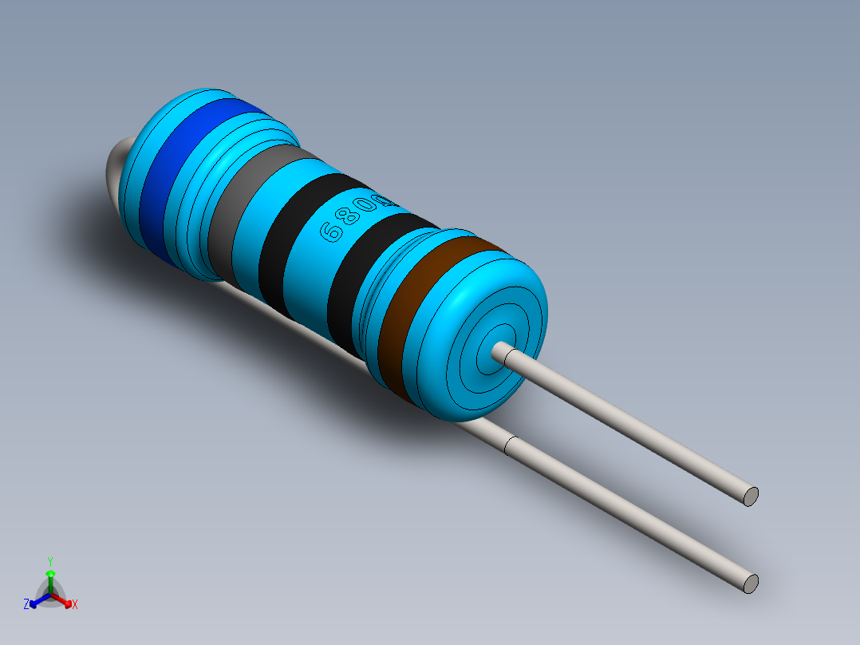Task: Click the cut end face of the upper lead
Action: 751,496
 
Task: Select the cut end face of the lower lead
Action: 751,583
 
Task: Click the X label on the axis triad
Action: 75,605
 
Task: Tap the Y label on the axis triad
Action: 49,561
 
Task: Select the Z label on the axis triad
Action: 26,604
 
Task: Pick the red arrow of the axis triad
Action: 65,600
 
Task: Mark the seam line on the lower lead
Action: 510,447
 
